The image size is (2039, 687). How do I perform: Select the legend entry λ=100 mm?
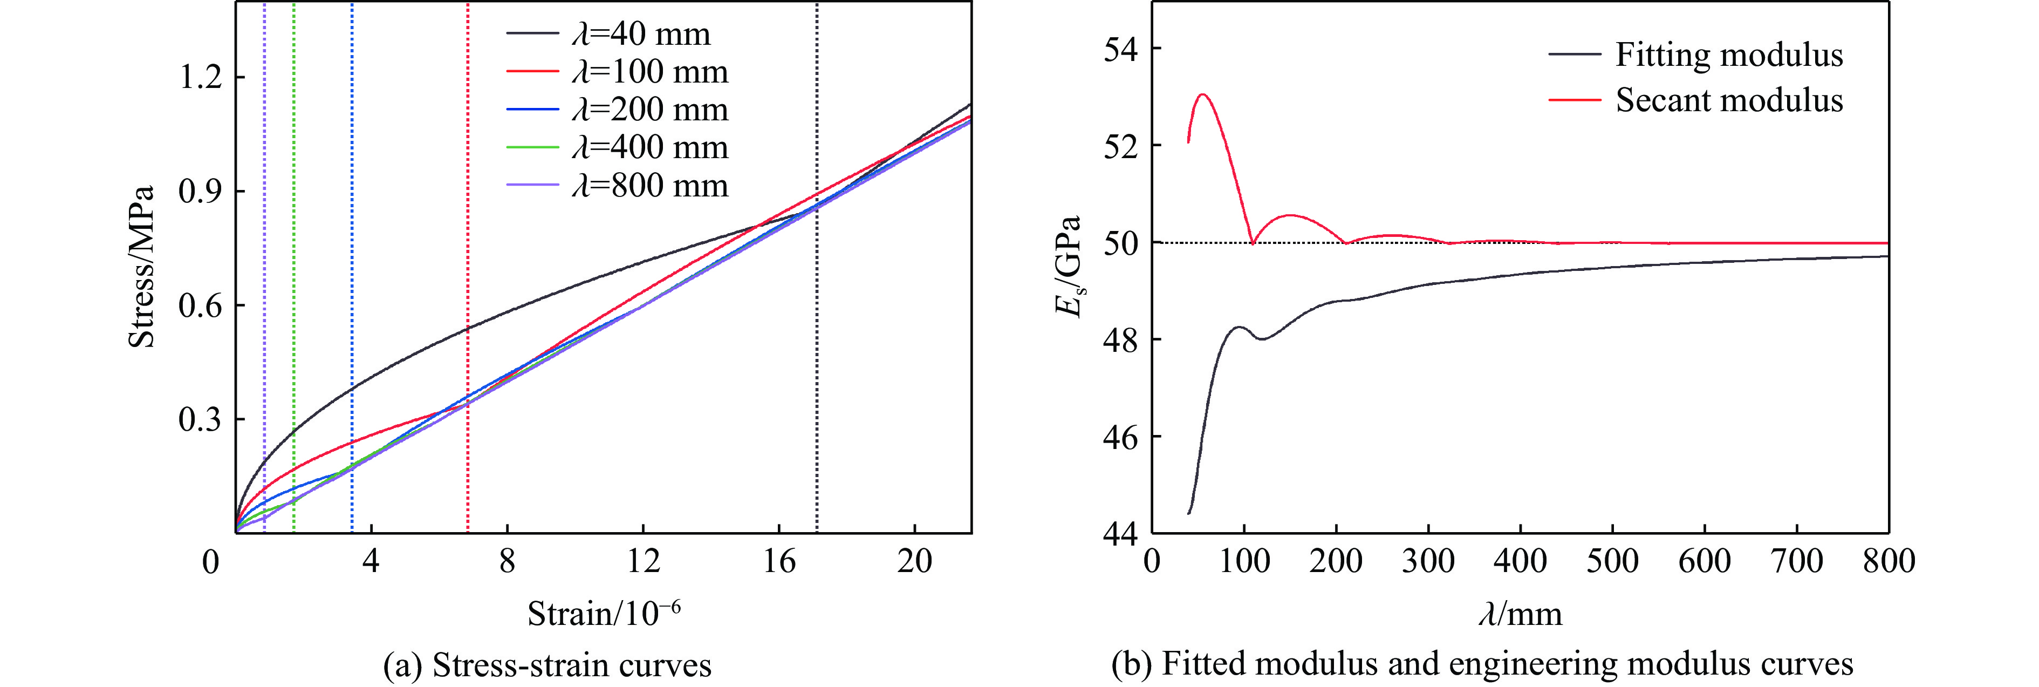[x=649, y=72]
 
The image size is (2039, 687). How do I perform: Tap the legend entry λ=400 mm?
[x=649, y=148]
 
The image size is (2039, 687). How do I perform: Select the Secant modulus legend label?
[x=1729, y=100]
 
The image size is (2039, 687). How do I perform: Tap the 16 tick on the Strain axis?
[x=779, y=561]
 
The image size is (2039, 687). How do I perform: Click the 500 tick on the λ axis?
[x=1612, y=561]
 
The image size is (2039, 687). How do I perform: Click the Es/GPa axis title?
[x=1069, y=267]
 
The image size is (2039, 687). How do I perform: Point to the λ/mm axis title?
[x=1520, y=614]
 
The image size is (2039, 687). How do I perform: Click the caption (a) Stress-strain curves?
[x=547, y=665]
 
